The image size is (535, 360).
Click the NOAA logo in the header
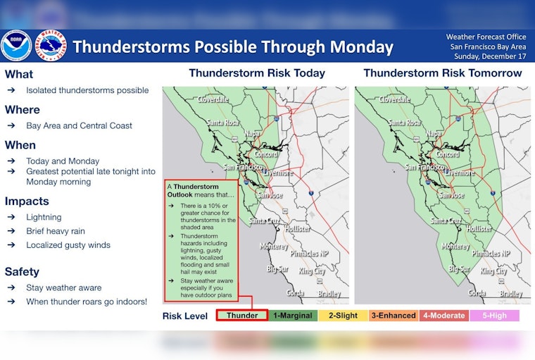pos(15,46)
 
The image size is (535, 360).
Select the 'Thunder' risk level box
pos(241,316)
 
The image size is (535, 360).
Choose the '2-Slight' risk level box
pos(343,316)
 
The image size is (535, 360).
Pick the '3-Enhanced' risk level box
pos(394,316)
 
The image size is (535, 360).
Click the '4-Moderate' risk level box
pos(443,316)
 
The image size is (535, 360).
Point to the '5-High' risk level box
pos(494,316)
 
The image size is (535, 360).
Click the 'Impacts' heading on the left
pos(27,201)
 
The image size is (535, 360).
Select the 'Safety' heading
pos(22,272)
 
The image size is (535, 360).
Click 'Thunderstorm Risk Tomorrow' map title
pos(443,73)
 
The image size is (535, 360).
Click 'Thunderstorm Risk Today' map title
pos(257,73)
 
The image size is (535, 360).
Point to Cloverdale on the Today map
pos(213,99)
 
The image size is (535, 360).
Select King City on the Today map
pos(312,271)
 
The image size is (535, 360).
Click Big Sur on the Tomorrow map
pos(460,268)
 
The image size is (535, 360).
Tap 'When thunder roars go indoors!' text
pos(87,302)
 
